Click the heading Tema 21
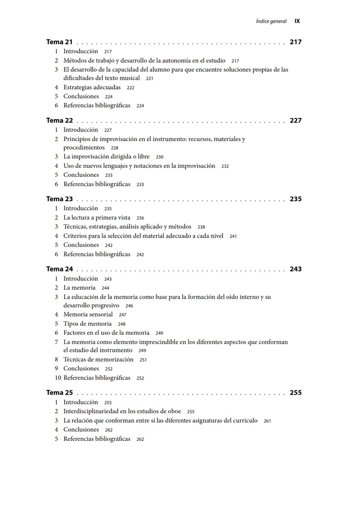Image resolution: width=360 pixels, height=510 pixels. pos(59,42)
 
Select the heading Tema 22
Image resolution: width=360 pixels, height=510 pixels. pos(59,121)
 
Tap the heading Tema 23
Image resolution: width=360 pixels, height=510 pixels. pos(59,199)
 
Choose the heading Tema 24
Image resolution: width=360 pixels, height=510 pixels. pos(59,269)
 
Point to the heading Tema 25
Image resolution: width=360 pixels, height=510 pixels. pos(59,393)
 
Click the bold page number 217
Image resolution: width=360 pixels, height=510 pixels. pos(295,42)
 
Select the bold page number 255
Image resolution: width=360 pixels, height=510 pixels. pos(295,393)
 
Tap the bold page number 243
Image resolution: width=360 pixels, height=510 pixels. pos(295,269)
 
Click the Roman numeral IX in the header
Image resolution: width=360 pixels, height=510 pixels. pos(297,21)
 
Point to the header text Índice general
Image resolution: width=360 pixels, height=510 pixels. pos(271,21)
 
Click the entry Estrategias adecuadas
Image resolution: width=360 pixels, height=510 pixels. pos(92,87)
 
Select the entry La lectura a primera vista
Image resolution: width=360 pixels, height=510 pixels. pos(97,218)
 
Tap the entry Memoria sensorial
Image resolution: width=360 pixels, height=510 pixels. pos(88,315)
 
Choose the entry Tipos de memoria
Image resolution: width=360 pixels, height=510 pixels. pos(87,324)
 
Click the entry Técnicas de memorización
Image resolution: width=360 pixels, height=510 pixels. pos(98,360)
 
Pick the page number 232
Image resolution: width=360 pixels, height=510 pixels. pos(225,166)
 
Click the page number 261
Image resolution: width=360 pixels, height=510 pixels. pos(267,421)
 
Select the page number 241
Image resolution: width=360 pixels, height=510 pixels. pos(233,237)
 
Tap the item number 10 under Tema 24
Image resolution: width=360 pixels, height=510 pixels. pos(58,378)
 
